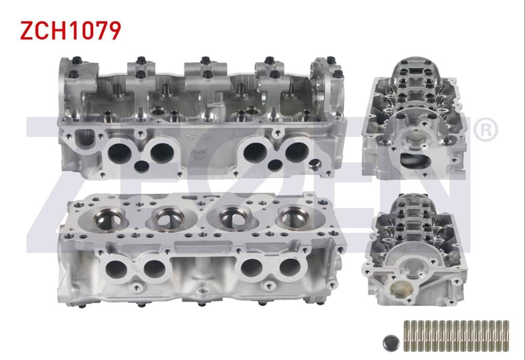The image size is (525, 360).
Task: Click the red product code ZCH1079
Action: [x=70, y=30]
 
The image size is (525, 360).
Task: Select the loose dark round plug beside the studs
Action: [x=391, y=342]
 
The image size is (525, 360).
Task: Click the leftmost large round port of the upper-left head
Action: [x=119, y=153]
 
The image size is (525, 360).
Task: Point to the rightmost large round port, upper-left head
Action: [x=297, y=152]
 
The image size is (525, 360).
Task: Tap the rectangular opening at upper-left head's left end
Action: [x=84, y=139]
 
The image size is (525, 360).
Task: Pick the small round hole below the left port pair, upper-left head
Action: [x=141, y=167]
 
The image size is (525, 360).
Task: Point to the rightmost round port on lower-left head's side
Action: [x=290, y=268]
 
